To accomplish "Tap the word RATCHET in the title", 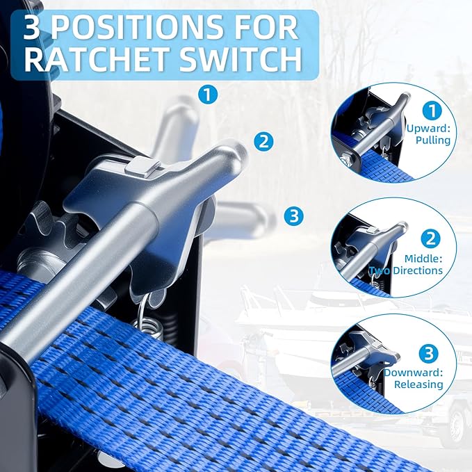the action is [95, 60].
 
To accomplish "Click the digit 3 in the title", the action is [31, 28].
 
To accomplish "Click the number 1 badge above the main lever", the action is [208, 95].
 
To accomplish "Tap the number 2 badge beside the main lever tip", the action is [263, 141].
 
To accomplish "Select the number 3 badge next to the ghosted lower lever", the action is [294, 216].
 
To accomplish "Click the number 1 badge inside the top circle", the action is [432, 111].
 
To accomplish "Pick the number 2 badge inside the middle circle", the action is [431, 238].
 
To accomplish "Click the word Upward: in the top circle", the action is [428, 129].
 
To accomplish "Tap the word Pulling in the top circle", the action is [433, 140].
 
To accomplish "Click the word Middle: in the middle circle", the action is [423, 259].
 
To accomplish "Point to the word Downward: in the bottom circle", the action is [414, 373].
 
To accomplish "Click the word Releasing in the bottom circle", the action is [418, 384].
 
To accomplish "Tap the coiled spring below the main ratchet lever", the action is [148, 328].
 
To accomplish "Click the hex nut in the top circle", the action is [348, 158].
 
